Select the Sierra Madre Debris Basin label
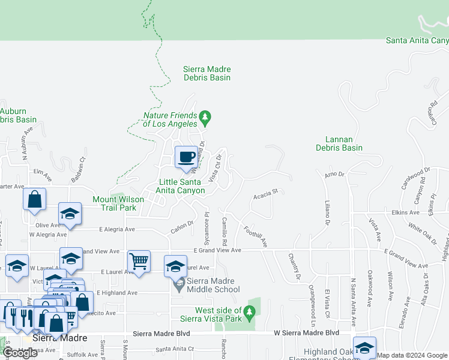coord(206,73)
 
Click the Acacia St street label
coord(266,194)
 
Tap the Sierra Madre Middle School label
coord(206,286)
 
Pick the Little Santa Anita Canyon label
coord(182,186)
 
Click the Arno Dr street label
coord(334,175)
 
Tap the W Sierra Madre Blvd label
coord(306,332)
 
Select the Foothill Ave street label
coord(255,236)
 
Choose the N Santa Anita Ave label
coord(354,300)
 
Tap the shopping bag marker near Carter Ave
coord(35,199)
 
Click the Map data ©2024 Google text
coord(412,355)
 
